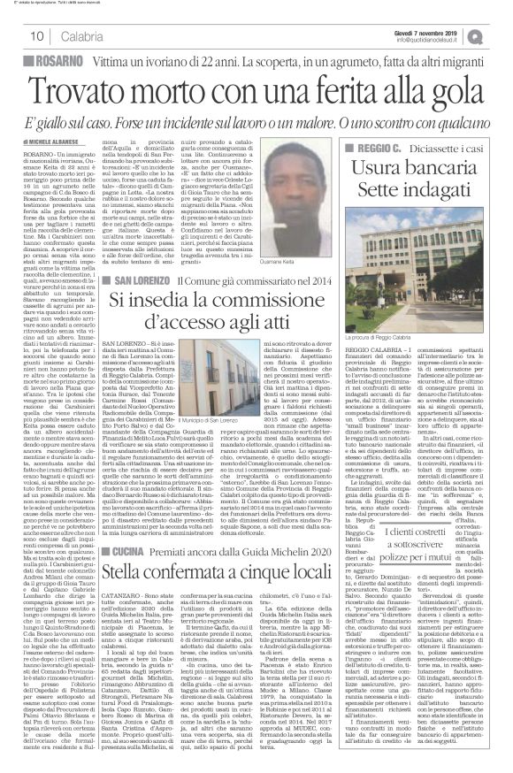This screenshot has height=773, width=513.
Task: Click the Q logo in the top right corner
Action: [500, 34]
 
